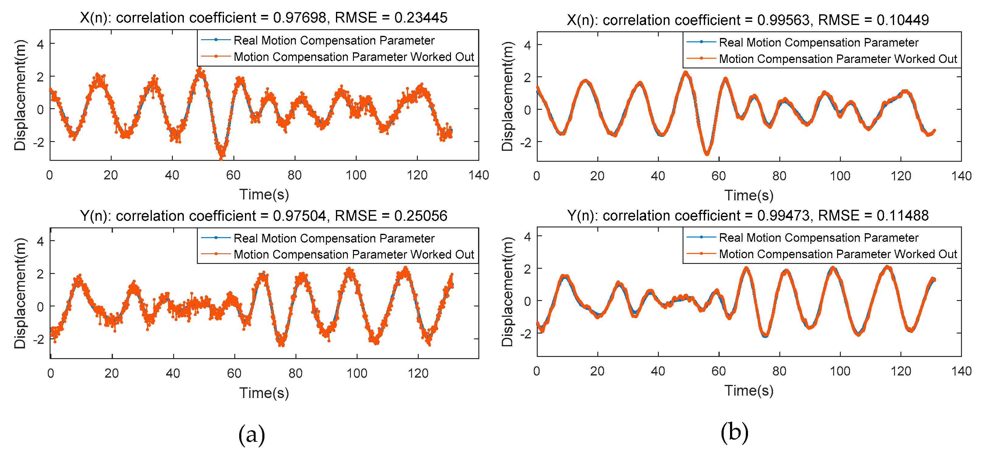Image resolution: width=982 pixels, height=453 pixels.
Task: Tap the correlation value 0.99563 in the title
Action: (x=783, y=20)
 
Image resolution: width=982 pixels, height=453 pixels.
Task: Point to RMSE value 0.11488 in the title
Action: (x=902, y=216)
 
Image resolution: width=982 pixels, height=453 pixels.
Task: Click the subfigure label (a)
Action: (x=252, y=434)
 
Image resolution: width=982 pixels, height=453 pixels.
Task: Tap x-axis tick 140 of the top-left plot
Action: (x=478, y=175)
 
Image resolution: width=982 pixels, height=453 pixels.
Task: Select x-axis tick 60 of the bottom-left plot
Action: (x=234, y=373)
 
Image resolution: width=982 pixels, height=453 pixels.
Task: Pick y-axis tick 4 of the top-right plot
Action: (x=528, y=45)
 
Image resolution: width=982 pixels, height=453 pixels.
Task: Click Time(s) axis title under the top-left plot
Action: (x=264, y=195)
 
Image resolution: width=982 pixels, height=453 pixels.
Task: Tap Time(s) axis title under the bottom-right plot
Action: (x=749, y=390)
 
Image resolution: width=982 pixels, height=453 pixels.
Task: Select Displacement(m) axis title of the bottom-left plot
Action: (x=20, y=293)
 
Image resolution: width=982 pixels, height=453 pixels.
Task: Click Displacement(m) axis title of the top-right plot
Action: (x=507, y=96)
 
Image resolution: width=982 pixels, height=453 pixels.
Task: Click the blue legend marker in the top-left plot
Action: (x=216, y=40)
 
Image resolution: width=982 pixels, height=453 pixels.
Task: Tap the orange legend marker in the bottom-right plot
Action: (x=701, y=254)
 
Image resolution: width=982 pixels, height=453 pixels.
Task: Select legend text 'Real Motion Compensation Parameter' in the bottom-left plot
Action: (x=334, y=238)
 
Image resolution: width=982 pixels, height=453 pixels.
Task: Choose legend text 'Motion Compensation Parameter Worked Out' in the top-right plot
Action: (x=838, y=59)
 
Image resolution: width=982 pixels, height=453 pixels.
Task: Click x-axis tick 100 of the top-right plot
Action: (x=840, y=176)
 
